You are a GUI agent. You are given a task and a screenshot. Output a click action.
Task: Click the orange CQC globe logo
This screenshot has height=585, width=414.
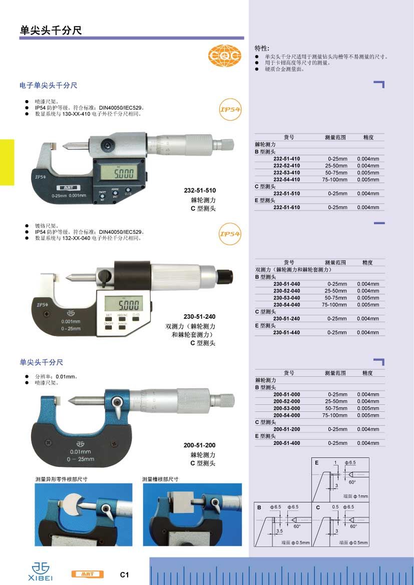[x=225, y=56]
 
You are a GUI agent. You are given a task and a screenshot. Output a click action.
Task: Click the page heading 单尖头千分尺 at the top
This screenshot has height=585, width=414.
[x=51, y=30]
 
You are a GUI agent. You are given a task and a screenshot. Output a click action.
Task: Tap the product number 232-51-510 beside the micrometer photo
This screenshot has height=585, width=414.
[x=200, y=190]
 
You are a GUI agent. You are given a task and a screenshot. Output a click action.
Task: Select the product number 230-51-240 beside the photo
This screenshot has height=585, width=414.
[x=199, y=316]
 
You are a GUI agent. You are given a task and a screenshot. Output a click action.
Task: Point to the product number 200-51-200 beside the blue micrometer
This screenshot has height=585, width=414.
[x=199, y=445]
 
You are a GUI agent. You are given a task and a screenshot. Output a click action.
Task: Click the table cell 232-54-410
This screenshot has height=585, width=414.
[x=286, y=180]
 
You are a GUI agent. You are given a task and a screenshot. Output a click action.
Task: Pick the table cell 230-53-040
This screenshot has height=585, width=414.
[x=286, y=298]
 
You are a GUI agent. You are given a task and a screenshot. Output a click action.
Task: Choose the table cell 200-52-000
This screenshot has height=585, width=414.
[x=286, y=401]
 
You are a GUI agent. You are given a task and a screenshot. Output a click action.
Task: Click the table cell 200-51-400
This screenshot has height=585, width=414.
[x=286, y=443]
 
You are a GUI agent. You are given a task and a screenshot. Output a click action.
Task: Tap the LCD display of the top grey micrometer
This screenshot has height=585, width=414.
[x=119, y=173]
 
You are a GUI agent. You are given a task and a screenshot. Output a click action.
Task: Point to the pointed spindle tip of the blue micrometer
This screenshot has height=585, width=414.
[x=70, y=401]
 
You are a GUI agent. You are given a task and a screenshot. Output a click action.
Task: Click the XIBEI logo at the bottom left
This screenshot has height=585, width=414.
[x=41, y=571]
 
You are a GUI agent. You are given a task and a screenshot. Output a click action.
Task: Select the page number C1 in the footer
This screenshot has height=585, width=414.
[x=124, y=574]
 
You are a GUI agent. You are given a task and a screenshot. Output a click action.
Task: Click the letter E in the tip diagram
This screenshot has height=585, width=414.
[x=316, y=462]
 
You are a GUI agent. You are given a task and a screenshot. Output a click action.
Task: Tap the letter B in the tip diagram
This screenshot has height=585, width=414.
[x=259, y=507]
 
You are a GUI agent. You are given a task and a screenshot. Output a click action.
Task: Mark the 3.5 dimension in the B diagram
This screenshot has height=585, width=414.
[x=279, y=531]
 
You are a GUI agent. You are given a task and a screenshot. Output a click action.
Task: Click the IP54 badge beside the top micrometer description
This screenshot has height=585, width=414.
[x=230, y=109]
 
